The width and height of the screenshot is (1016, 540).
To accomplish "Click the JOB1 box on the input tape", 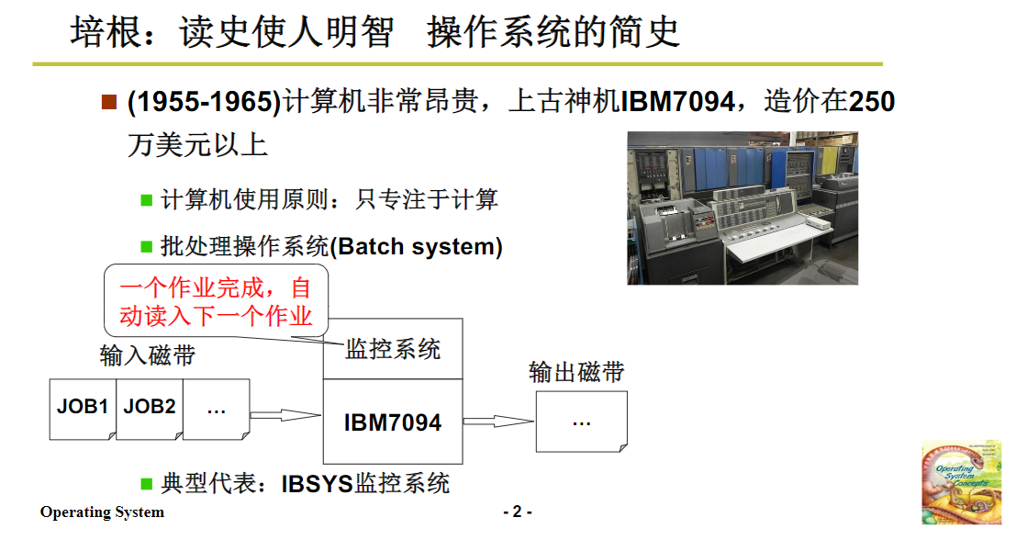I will (83, 406).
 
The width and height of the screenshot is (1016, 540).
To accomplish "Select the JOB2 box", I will (150, 406).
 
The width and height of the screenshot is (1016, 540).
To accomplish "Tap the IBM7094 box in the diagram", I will (393, 422).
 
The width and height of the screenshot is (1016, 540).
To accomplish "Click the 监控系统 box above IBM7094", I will (393, 349).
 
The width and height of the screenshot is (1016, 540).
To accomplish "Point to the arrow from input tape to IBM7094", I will (285, 416).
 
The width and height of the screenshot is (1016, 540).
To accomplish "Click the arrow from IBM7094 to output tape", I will (497, 422).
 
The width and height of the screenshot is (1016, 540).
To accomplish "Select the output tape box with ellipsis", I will (582, 422).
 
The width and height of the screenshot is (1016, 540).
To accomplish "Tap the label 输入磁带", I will (148, 355).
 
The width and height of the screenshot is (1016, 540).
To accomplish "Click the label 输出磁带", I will (576, 372).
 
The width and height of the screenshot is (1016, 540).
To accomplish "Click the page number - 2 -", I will (517, 512).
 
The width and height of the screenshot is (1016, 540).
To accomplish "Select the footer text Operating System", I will (102, 512).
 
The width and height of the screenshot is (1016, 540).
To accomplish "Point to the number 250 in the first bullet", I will (871, 102).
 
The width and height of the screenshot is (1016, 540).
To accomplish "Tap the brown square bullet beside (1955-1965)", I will (109, 101).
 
